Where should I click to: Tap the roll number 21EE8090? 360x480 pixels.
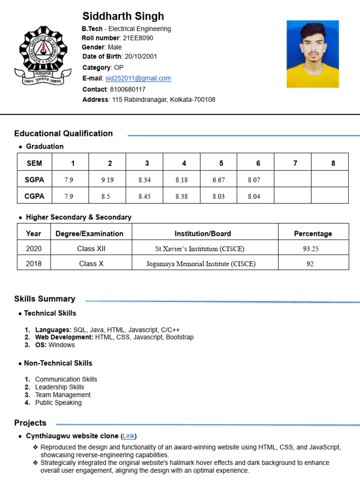click(138, 38)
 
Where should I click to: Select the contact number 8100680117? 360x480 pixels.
click(127, 89)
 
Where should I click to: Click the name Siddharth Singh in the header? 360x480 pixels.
click(123, 16)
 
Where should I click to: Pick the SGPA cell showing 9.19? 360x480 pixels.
click(107, 180)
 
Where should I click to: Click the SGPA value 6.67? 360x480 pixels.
click(218, 180)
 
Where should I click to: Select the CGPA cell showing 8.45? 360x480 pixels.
click(144, 196)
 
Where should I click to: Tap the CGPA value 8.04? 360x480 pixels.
click(254, 196)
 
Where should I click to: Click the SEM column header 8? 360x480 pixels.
click(333, 163)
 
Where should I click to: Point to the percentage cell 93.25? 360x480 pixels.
click(311, 249)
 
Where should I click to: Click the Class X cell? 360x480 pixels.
click(91, 263)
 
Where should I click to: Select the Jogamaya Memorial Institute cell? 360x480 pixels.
click(201, 263)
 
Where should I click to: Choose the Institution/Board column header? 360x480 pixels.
click(202, 233)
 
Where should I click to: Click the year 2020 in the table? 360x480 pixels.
click(34, 248)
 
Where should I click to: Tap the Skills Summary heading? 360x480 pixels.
click(45, 299)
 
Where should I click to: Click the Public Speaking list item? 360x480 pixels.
click(58, 403)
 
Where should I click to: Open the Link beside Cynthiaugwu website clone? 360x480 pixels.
click(128, 436)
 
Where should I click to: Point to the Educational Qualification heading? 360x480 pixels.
click(63, 134)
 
